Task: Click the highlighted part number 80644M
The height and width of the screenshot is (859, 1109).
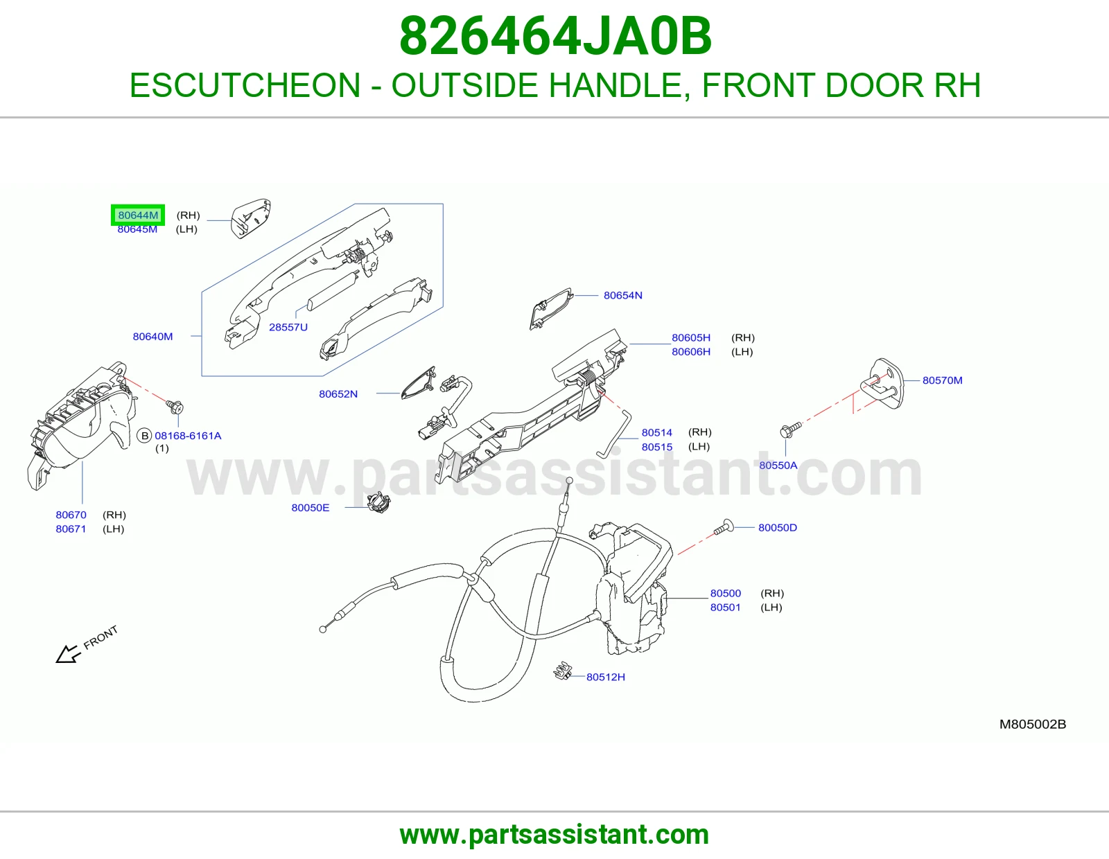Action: pos(138,215)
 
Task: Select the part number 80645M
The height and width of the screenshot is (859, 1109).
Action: pos(137,229)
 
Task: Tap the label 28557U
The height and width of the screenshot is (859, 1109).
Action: pos(288,327)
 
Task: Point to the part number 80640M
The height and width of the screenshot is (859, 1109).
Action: pos(152,336)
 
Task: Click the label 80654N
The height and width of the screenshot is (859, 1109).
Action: pos(622,295)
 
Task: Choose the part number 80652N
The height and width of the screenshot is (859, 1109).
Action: pos(338,393)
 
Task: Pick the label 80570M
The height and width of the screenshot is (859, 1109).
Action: pos(942,380)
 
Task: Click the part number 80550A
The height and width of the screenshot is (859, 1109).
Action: pos(778,466)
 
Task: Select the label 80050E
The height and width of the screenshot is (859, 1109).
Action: pos(311,508)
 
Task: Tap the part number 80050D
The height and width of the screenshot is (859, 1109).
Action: pos(777,527)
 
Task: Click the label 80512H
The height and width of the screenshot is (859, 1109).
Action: pos(605,677)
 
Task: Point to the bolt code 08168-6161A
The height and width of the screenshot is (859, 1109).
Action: pos(188,436)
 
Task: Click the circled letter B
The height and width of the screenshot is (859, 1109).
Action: pos(145,436)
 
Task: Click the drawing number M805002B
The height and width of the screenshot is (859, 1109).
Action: pos(1033,725)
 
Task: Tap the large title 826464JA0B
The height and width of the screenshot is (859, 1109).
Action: pos(555,36)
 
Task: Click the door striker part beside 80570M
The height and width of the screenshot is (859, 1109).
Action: pos(882,384)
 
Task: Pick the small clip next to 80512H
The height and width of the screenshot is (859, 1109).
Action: pos(562,671)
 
